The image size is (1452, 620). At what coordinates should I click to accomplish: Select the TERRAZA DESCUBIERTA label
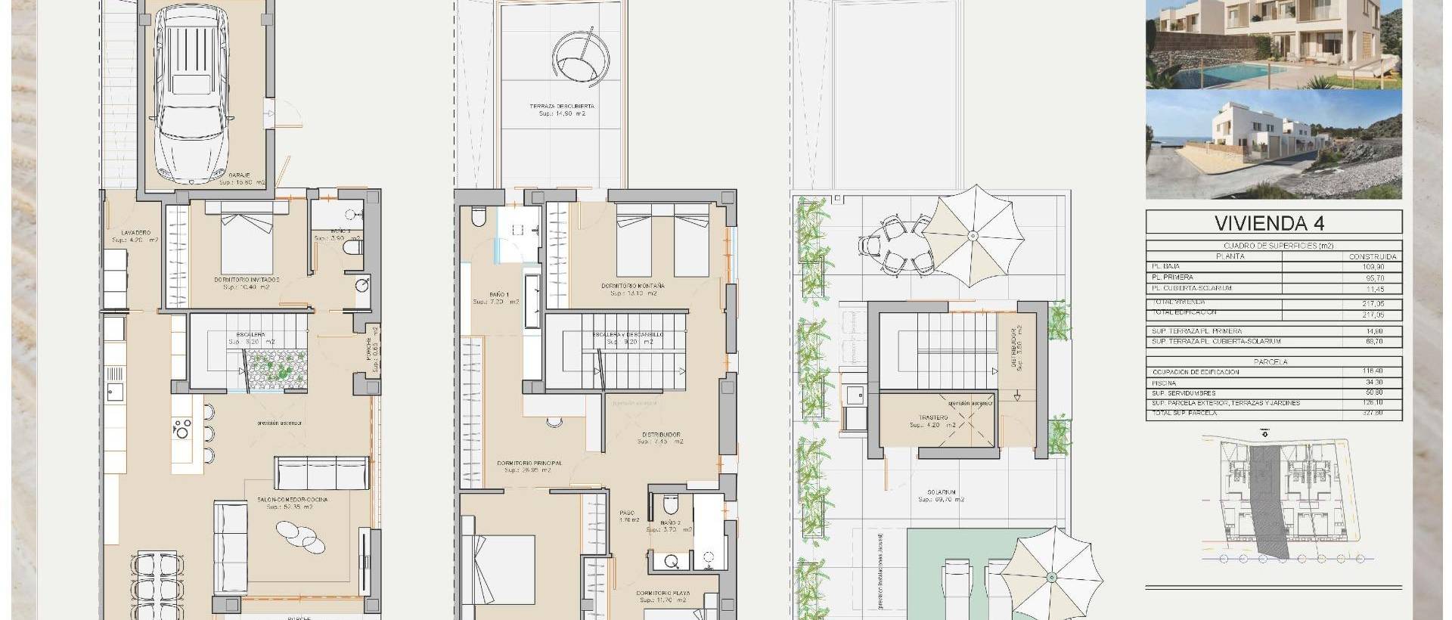point(562,106)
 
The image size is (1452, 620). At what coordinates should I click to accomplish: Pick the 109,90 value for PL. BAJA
point(1385,267)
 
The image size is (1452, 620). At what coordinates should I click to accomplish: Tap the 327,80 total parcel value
point(1385,413)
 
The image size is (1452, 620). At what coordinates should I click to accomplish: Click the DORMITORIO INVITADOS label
point(247,279)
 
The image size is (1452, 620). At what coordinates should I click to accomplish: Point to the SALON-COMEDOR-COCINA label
point(292,499)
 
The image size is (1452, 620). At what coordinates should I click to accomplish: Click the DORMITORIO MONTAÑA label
point(633,286)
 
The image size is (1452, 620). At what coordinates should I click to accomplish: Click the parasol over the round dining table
point(973,236)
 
